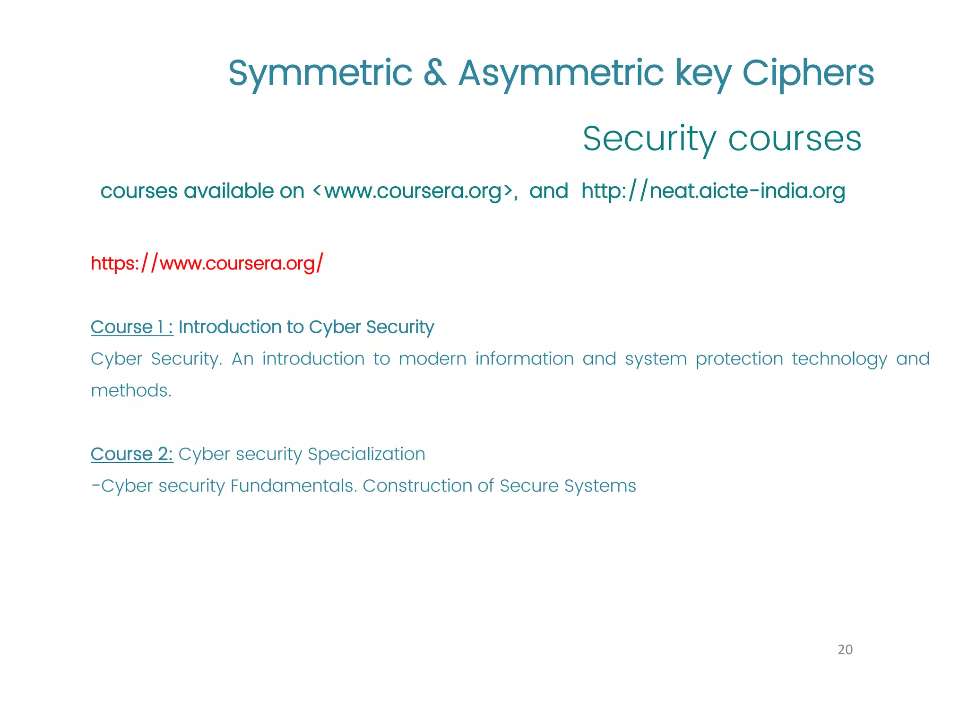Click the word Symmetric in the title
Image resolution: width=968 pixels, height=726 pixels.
point(320,74)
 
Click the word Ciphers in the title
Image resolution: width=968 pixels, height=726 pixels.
point(808,74)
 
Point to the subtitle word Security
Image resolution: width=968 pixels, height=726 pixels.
point(649,139)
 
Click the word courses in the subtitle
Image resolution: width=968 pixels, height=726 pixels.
point(795,139)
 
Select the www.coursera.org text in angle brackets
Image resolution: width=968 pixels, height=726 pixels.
point(413,191)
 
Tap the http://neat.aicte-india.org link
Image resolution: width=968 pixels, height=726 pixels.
point(713,191)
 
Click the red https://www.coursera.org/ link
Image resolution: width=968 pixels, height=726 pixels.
point(207,263)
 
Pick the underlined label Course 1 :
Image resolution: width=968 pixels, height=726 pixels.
point(132,327)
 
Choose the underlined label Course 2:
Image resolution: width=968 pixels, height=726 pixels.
point(132,454)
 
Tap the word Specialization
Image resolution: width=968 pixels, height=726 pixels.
point(366,454)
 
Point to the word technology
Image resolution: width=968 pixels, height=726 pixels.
point(839,359)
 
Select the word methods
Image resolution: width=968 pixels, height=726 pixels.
point(130,391)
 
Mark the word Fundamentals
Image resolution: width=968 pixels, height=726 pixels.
point(293,486)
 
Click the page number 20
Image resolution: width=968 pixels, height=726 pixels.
point(845,650)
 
